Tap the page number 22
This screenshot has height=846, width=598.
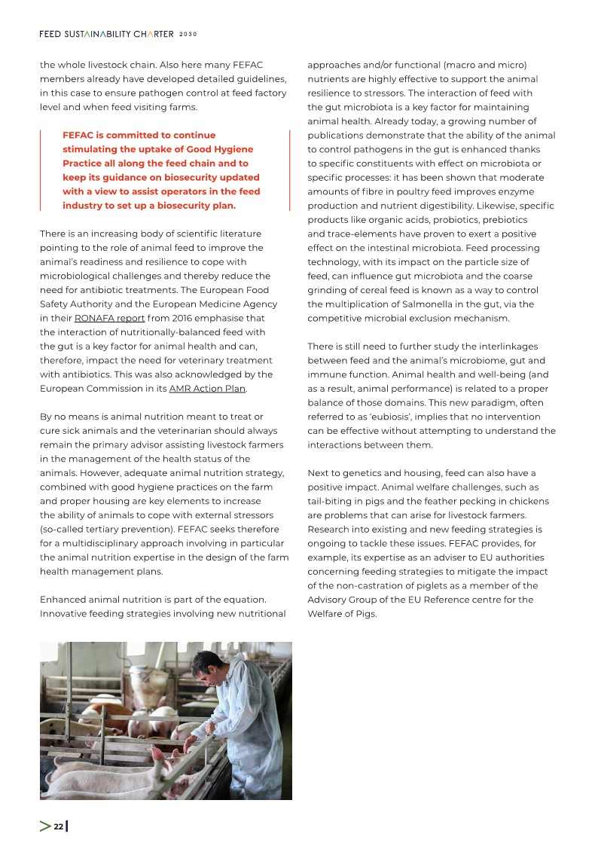coord(58,826)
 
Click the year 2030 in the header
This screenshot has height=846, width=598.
coord(188,34)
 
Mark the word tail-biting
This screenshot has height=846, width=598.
coord(333,501)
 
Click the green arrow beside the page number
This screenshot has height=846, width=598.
coord(45,826)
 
